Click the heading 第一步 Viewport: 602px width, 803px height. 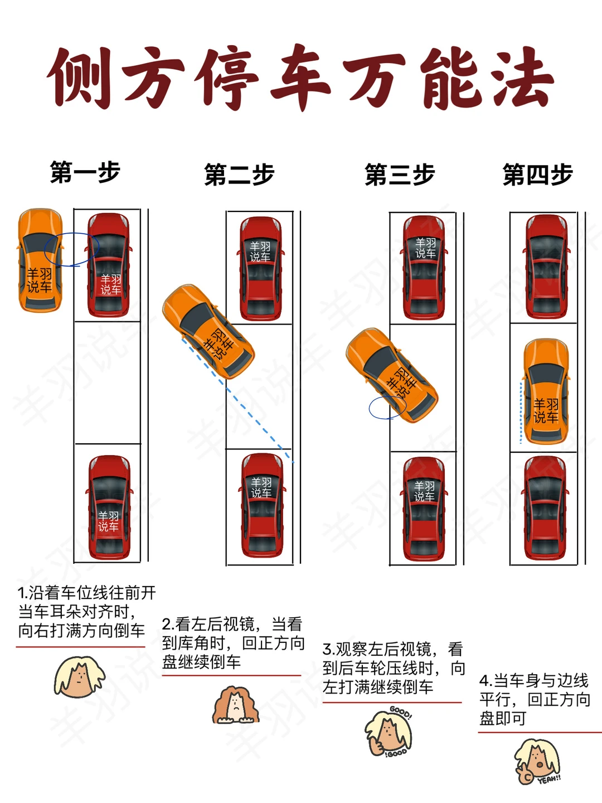tap(85, 172)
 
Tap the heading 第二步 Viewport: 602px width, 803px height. tap(240, 175)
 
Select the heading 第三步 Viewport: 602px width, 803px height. tap(400, 175)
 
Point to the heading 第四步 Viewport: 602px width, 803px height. tap(538, 175)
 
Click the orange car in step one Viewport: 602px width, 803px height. tap(40, 260)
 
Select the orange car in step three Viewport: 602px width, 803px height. tap(392, 375)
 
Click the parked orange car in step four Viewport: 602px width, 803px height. tap(546, 391)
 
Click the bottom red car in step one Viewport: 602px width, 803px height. tap(109, 507)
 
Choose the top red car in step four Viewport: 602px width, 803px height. tap(546, 267)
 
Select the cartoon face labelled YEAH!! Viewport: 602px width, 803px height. tap(537, 761)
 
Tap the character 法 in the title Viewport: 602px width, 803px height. tap(523, 78)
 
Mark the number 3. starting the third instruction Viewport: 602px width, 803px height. tap(329, 649)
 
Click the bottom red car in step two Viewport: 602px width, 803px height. tap(262, 506)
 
